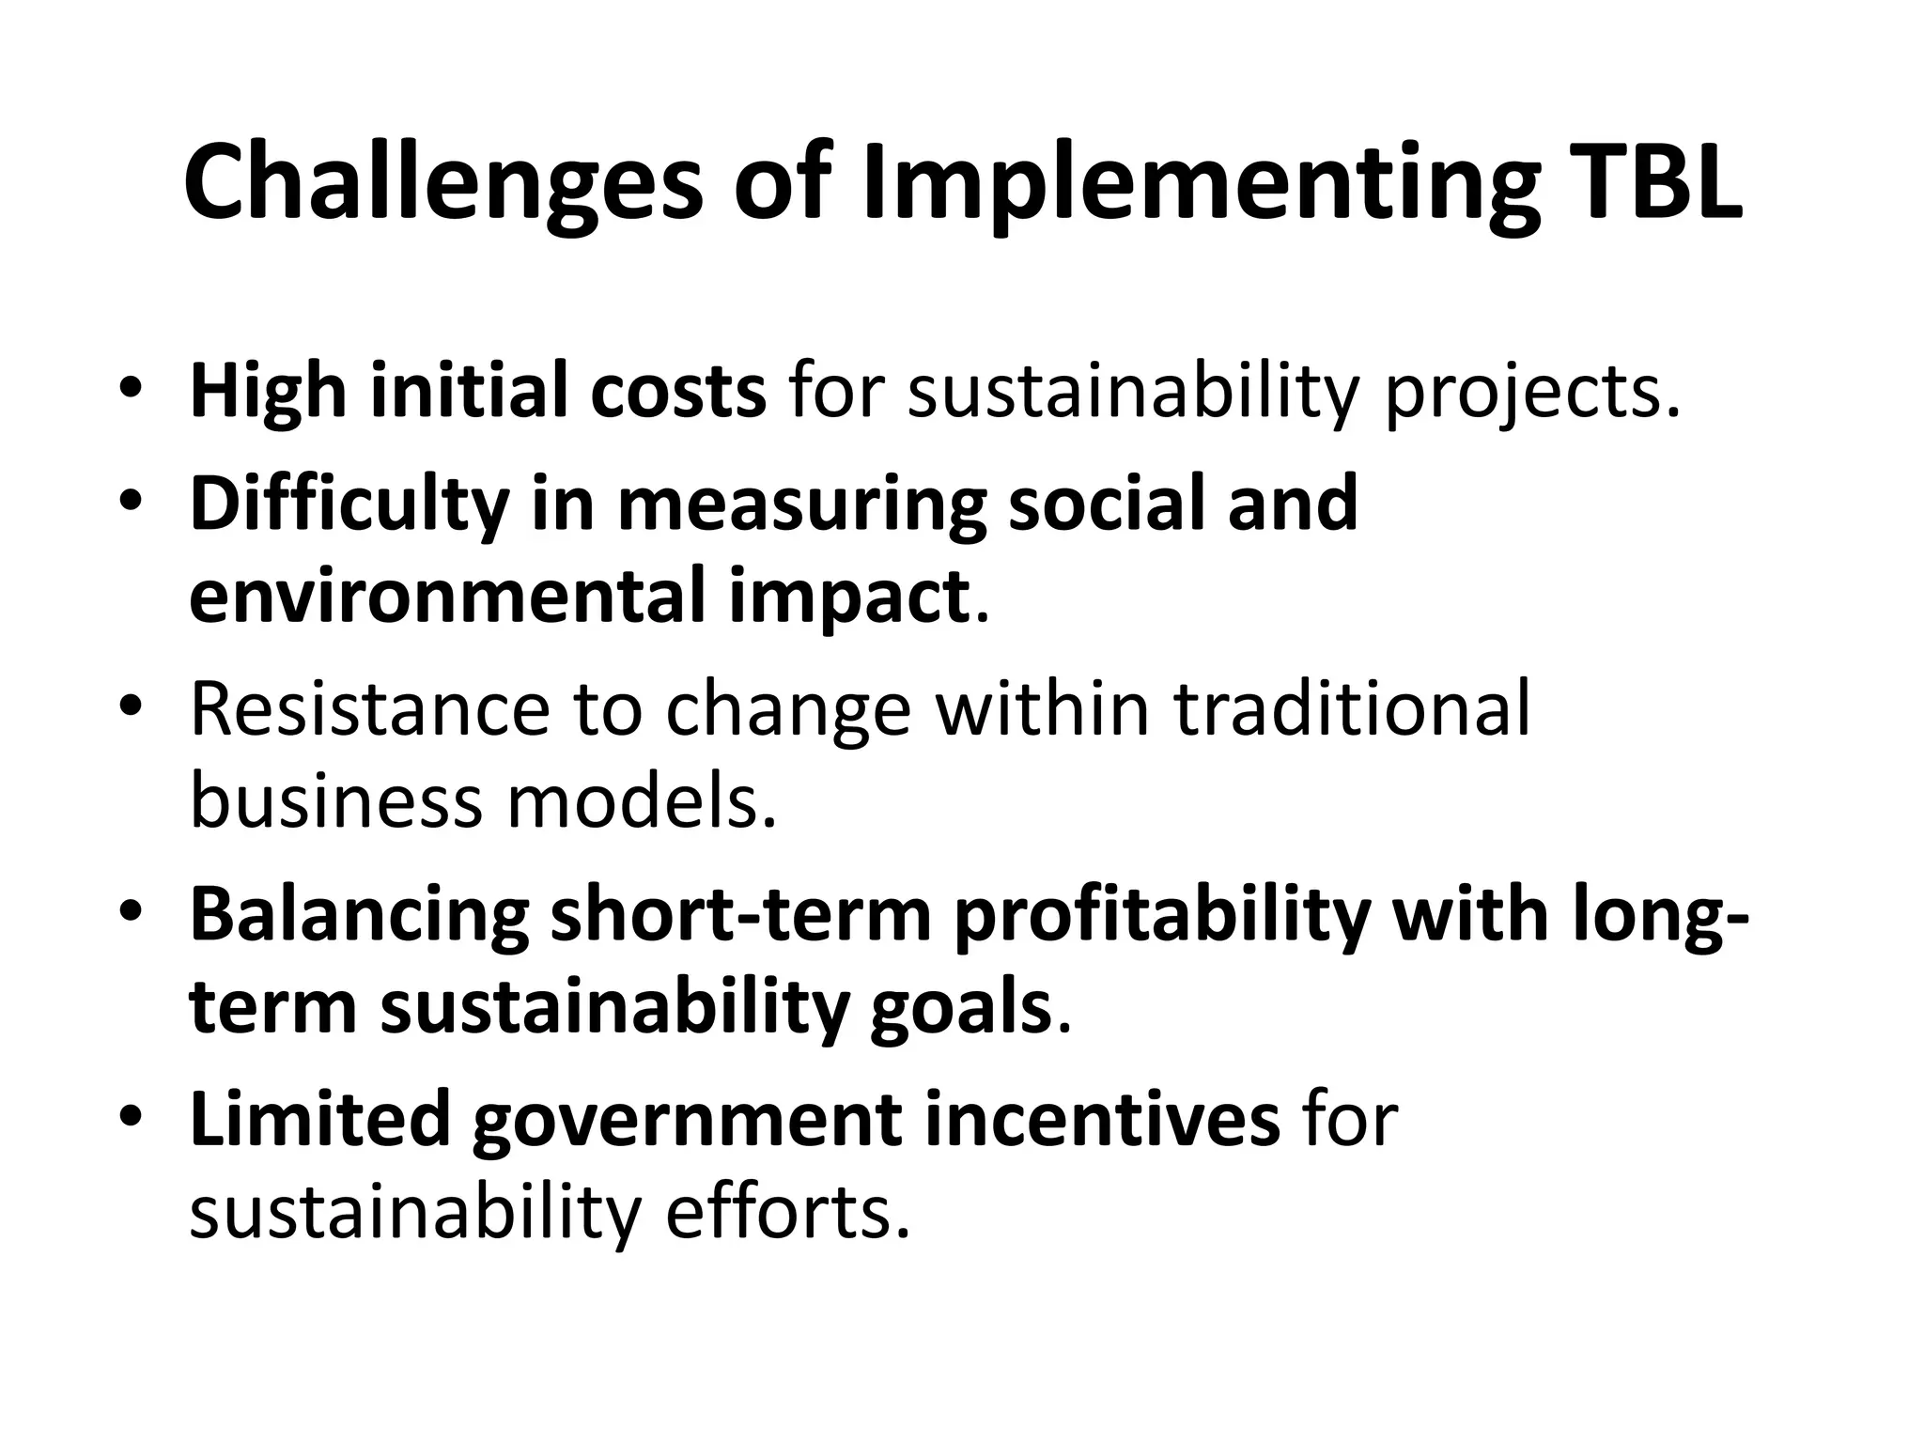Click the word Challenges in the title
click(x=442, y=184)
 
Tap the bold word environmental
click(x=445, y=596)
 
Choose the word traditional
click(x=1352, y=709)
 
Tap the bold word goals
click(x=959, y=1008)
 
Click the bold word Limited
click(x=320, y=1120)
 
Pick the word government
click(x=686, y=1122)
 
